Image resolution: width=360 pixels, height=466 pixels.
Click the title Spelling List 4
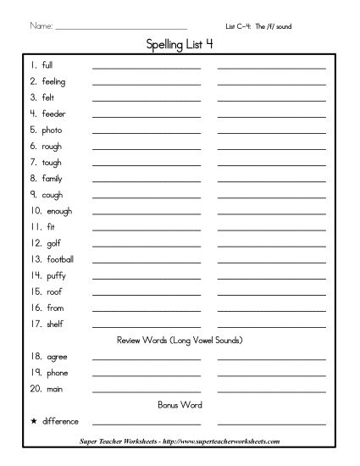tap(180, 46)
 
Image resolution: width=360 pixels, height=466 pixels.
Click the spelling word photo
tap(52, 130)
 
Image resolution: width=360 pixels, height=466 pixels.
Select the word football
tap(60, 259)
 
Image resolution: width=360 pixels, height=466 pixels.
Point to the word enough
tap(59, 211)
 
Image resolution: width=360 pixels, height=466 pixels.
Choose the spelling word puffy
tap(56, 275)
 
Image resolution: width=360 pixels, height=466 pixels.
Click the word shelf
tap(54, 324)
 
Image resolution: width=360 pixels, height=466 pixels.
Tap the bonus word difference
tap(60, 421)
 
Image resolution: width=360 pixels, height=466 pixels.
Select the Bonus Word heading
tap(180, 405)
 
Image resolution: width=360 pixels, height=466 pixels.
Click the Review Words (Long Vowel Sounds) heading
tap(180, 341)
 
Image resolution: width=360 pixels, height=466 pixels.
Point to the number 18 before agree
tap(36, 357)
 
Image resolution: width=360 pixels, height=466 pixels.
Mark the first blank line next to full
tap(147, 68)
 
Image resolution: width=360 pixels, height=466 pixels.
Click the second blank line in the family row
tap(271, 181)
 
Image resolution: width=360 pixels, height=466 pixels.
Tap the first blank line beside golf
tap(147, 246)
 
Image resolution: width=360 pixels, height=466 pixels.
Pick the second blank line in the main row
tap(271, 391)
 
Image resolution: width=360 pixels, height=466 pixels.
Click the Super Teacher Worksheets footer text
tap(180, 442)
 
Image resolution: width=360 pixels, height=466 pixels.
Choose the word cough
tap(53, 195)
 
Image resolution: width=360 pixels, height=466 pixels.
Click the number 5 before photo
tap(33, 130)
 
